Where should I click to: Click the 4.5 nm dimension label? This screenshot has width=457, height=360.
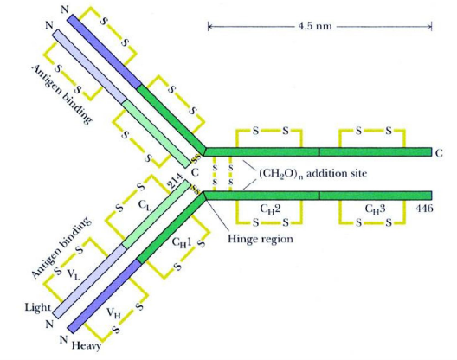coord(315,26)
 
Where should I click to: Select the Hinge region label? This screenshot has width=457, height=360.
coord(261,239)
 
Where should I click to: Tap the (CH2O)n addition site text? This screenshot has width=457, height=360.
coord(312,174)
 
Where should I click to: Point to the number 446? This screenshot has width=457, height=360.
coord(424,209)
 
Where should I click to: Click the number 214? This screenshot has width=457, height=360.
coord(176,182)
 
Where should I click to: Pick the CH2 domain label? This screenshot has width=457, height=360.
coord(270,209)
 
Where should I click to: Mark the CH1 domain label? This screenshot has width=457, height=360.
coord(182,242)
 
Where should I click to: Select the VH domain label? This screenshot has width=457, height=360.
coord(113,313)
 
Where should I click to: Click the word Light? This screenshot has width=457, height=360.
coord(37,307)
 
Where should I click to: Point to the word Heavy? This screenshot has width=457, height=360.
coord(87,345)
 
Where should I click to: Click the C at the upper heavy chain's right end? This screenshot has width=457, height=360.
coord(439,153)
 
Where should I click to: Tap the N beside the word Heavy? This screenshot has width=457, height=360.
coord(64,339)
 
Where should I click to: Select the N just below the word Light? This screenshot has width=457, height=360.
coord(49,324)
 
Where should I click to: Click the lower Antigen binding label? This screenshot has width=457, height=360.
coord(61,247)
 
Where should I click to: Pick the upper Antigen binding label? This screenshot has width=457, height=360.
coord(61,94)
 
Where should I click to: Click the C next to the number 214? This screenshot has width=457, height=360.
coord(195,172)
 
